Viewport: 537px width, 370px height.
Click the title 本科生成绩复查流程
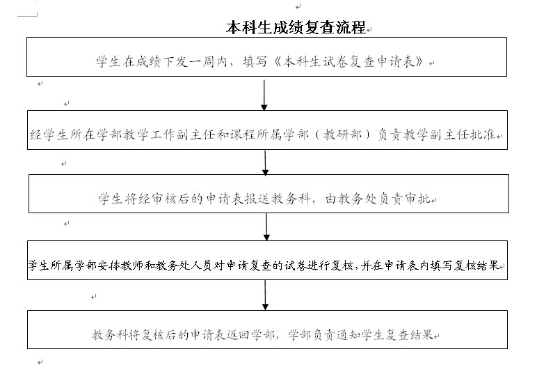(296, 27)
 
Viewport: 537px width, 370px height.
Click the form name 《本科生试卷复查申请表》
(349, 62)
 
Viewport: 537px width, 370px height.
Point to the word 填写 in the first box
(255, 62)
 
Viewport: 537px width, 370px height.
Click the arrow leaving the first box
(264, 95)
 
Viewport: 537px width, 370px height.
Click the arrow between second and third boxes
(265, 163)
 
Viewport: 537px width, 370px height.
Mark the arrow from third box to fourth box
(266, 226)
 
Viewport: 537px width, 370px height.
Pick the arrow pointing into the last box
(265, 295)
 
